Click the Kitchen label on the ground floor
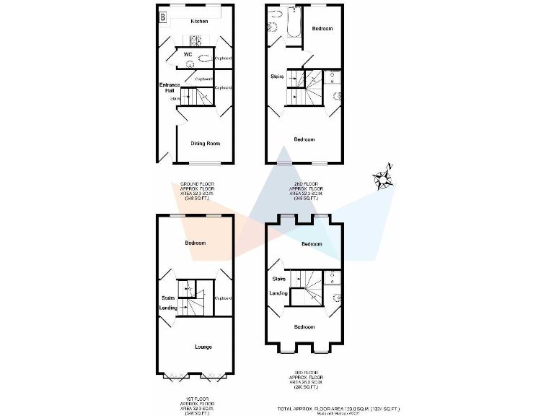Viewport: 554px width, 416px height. (199, 22)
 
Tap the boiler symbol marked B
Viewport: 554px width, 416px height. (163, 15)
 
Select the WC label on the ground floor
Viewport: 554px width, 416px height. (188, 54)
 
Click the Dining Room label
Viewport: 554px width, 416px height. (205, 144)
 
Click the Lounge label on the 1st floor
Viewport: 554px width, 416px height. (203, 347)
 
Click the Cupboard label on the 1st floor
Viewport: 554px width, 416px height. (223, 298)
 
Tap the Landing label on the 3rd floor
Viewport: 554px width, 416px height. (278, 293)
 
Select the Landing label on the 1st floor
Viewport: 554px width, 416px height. (168, 308)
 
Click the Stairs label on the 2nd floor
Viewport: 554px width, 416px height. (277, 77)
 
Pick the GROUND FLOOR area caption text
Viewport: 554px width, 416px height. (199, 191)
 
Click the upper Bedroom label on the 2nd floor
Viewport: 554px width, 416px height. (322, 29)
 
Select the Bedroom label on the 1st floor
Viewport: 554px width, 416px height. (195, 243)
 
